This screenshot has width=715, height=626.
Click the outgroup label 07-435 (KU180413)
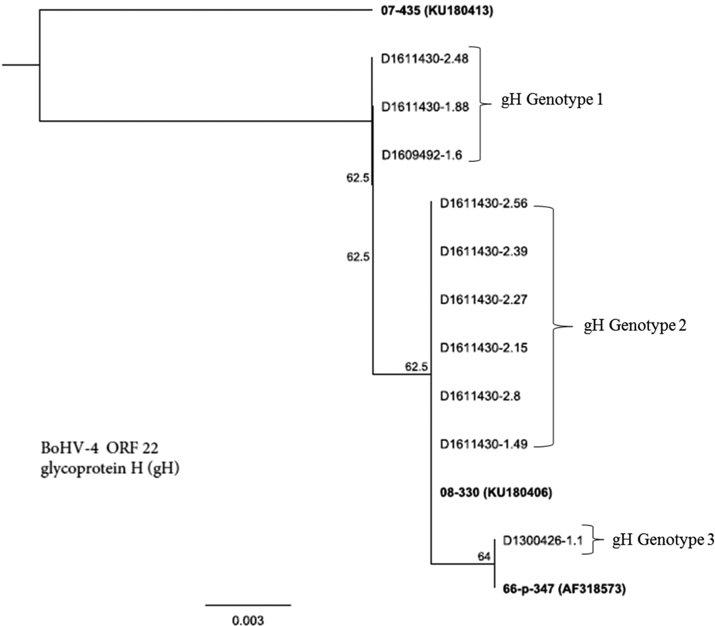[437, 11]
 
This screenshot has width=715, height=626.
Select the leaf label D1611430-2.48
[425, 59]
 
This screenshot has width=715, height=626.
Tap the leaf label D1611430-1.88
[425, 107]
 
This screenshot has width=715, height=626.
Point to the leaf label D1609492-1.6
[422, 155]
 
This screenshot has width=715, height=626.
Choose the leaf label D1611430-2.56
[484, 203]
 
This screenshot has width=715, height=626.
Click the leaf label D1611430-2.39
[484, 251]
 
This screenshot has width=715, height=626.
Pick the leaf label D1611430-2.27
[484, 299]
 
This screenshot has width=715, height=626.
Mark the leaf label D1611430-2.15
[484, 348]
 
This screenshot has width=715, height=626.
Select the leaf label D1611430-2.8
[480, 396]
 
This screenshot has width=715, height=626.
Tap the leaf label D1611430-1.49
[484, 444]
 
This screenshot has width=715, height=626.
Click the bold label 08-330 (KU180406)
[496, 493]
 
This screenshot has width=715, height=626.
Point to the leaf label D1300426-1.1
[542, 541]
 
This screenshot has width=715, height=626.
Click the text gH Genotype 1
[552, 99]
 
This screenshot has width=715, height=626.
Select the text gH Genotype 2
[635, 325]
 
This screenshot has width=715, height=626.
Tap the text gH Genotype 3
[663, 540]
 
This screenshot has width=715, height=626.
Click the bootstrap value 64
[484, 557]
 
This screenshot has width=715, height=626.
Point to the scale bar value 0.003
[248, 620]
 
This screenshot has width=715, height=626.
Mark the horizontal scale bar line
[248, 605]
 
